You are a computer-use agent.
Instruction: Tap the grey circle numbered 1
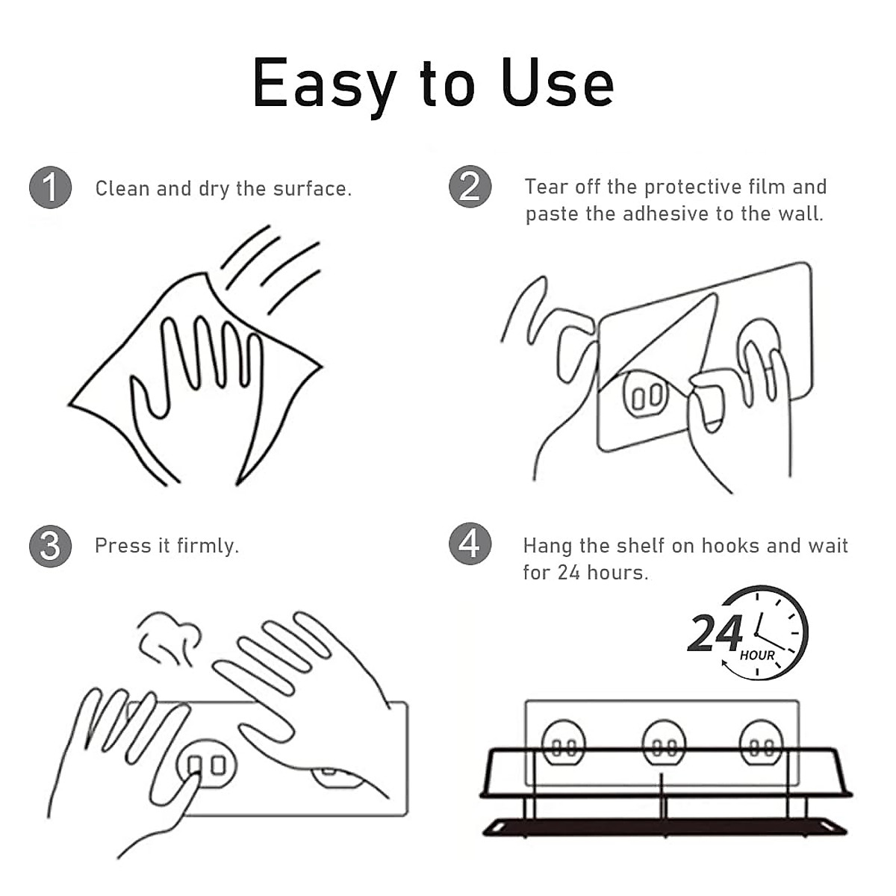pos(50,187)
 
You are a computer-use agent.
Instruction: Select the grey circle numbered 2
pos(470,187)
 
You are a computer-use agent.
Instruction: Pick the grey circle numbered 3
pos(50,546)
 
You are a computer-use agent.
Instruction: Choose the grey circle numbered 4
pos(470,544)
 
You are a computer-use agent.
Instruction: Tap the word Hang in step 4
pos(547,546)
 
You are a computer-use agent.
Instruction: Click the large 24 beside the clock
pos(715,635)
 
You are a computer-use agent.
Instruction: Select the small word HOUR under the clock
pos(757,656)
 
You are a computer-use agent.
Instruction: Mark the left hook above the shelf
pos(564,744)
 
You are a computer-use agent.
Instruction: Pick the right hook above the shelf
pos(761,744)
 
